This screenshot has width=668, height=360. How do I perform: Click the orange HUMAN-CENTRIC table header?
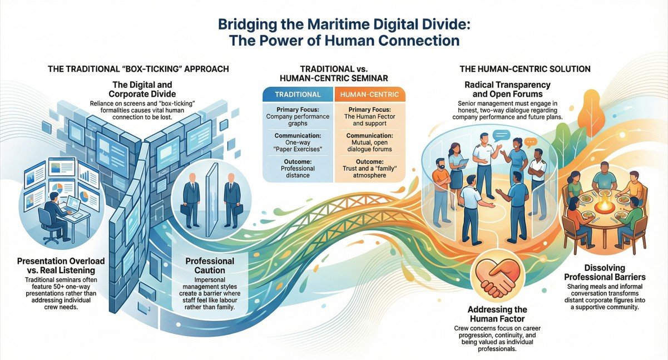click(x=369, y=95)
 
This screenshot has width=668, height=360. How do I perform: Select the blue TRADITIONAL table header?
click(x=298, y=95)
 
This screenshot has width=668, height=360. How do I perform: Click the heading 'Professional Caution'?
click(x=210, y=265)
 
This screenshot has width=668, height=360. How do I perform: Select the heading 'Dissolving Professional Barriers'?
click(x=605, y=272)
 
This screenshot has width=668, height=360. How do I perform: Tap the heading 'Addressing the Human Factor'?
click(x=497, y=314)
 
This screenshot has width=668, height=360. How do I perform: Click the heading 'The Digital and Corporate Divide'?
click(x=142, y=89)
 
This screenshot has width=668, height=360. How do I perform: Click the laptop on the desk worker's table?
click(x=72, y=204)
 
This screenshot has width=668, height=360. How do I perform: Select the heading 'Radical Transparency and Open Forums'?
click(x=507, y=89)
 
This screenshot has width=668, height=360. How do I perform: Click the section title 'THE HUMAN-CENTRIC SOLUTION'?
click(x=525, y=69)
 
